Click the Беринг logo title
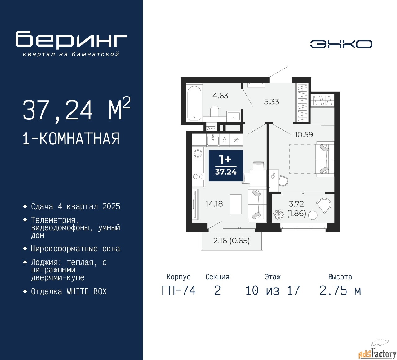point(71,40)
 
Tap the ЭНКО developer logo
point(341,44)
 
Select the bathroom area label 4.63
point(220,96)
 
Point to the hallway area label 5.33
point(271,102)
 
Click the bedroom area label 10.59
point(304,135)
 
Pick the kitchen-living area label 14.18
point(214,204)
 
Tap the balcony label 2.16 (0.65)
point(231,241)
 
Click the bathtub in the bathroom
point(194,103)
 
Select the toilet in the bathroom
point(214,111)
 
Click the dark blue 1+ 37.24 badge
point(226,165)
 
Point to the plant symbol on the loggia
point(279,214)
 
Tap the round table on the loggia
point(313,215)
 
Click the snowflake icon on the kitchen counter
point(236,140)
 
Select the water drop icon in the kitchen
point(225,140)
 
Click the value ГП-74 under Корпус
point(179,290)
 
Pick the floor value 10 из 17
point(273,290)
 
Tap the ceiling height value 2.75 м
point(340,290)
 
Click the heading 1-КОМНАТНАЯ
point(71,139)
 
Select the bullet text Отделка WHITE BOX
point(69,291)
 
